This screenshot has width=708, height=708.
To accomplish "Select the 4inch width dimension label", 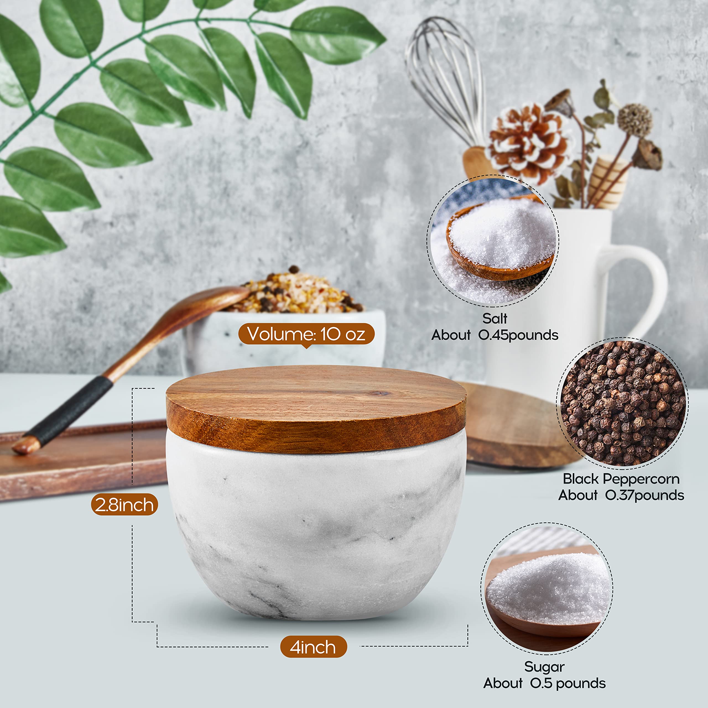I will click(313, 647).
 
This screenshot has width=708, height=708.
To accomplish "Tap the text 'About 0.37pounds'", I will click(621, 495).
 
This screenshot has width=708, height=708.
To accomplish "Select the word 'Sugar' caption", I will click(544, 667).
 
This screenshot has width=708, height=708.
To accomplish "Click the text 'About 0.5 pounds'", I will click(544, 683).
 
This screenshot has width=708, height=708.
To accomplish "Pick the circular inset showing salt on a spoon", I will click(493, 241).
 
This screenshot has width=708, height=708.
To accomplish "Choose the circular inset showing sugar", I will click(547, 589).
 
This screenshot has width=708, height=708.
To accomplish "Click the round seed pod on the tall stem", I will click(635, 120).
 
